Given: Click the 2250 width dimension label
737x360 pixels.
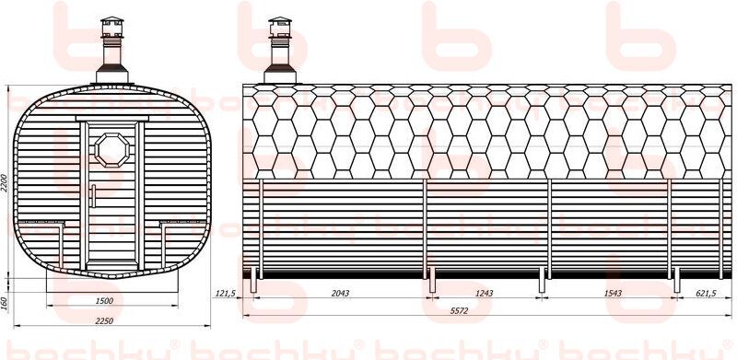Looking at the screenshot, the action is (104, 320).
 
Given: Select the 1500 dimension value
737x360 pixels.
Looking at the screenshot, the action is (104, 301).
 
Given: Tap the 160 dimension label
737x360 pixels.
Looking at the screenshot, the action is (5, 301).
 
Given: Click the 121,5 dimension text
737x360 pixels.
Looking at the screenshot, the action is (225, 294).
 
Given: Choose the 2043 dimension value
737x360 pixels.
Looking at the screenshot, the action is (340, 294).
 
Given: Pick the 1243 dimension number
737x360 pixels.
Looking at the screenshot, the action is (485, 294).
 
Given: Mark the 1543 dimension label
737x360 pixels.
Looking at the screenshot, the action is (613, 294).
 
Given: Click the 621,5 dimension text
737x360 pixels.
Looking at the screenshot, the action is (705, 294).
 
